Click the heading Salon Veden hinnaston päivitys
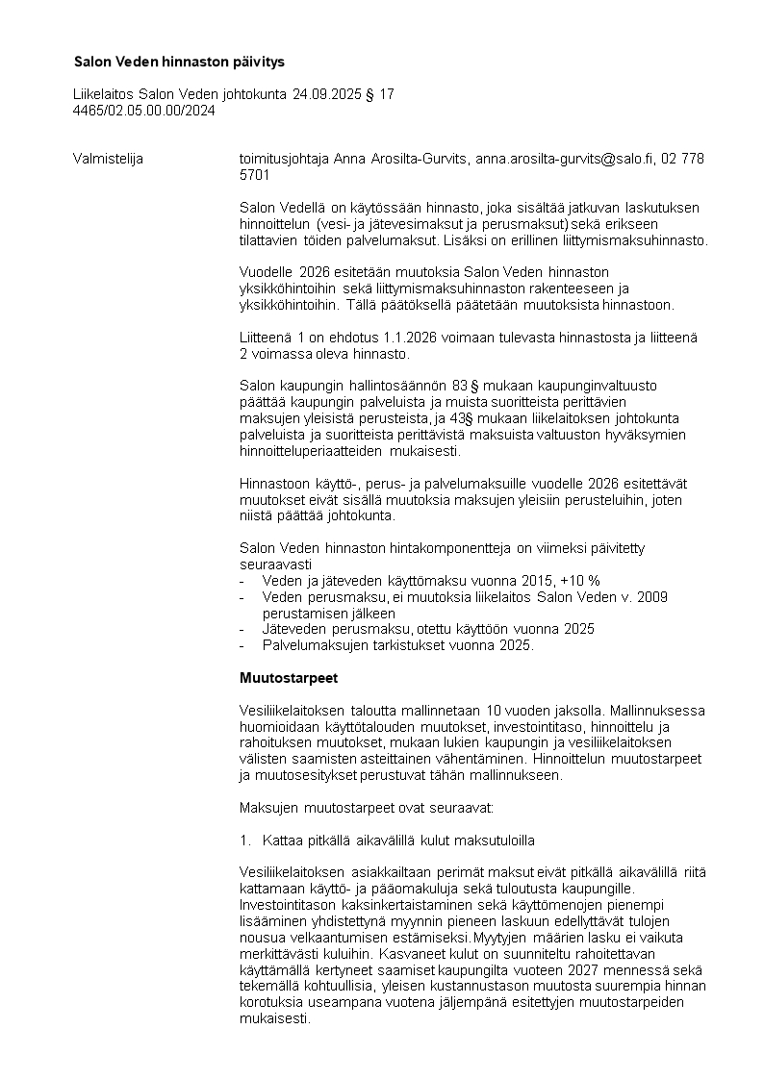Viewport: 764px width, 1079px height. coord(179,62)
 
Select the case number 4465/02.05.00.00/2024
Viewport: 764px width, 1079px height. coord(144,111)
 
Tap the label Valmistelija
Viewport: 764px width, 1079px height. coord(108,159)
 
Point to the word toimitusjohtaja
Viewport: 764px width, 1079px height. coord(284,159)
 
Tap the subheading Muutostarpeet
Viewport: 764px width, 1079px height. coord(289,678)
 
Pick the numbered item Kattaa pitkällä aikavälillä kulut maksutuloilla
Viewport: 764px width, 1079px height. coord(398,840)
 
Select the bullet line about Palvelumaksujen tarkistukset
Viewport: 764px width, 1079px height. coord(397,645)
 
